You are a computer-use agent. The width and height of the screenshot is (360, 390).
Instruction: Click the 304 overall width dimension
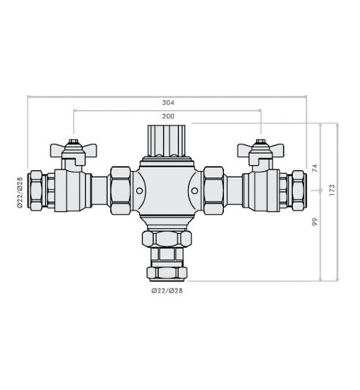(x=167, y=101)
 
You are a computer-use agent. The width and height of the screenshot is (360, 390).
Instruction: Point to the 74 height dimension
(x=315, y=167)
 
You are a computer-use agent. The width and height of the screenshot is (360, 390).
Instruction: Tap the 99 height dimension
(x=315, y=223)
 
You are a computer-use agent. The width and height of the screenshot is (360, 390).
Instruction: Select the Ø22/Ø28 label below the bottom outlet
(x=166, y=291)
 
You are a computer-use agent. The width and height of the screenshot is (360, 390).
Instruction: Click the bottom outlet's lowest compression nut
(x=166, y=273)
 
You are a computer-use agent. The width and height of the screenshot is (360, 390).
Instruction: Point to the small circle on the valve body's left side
(x=139, y=190)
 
